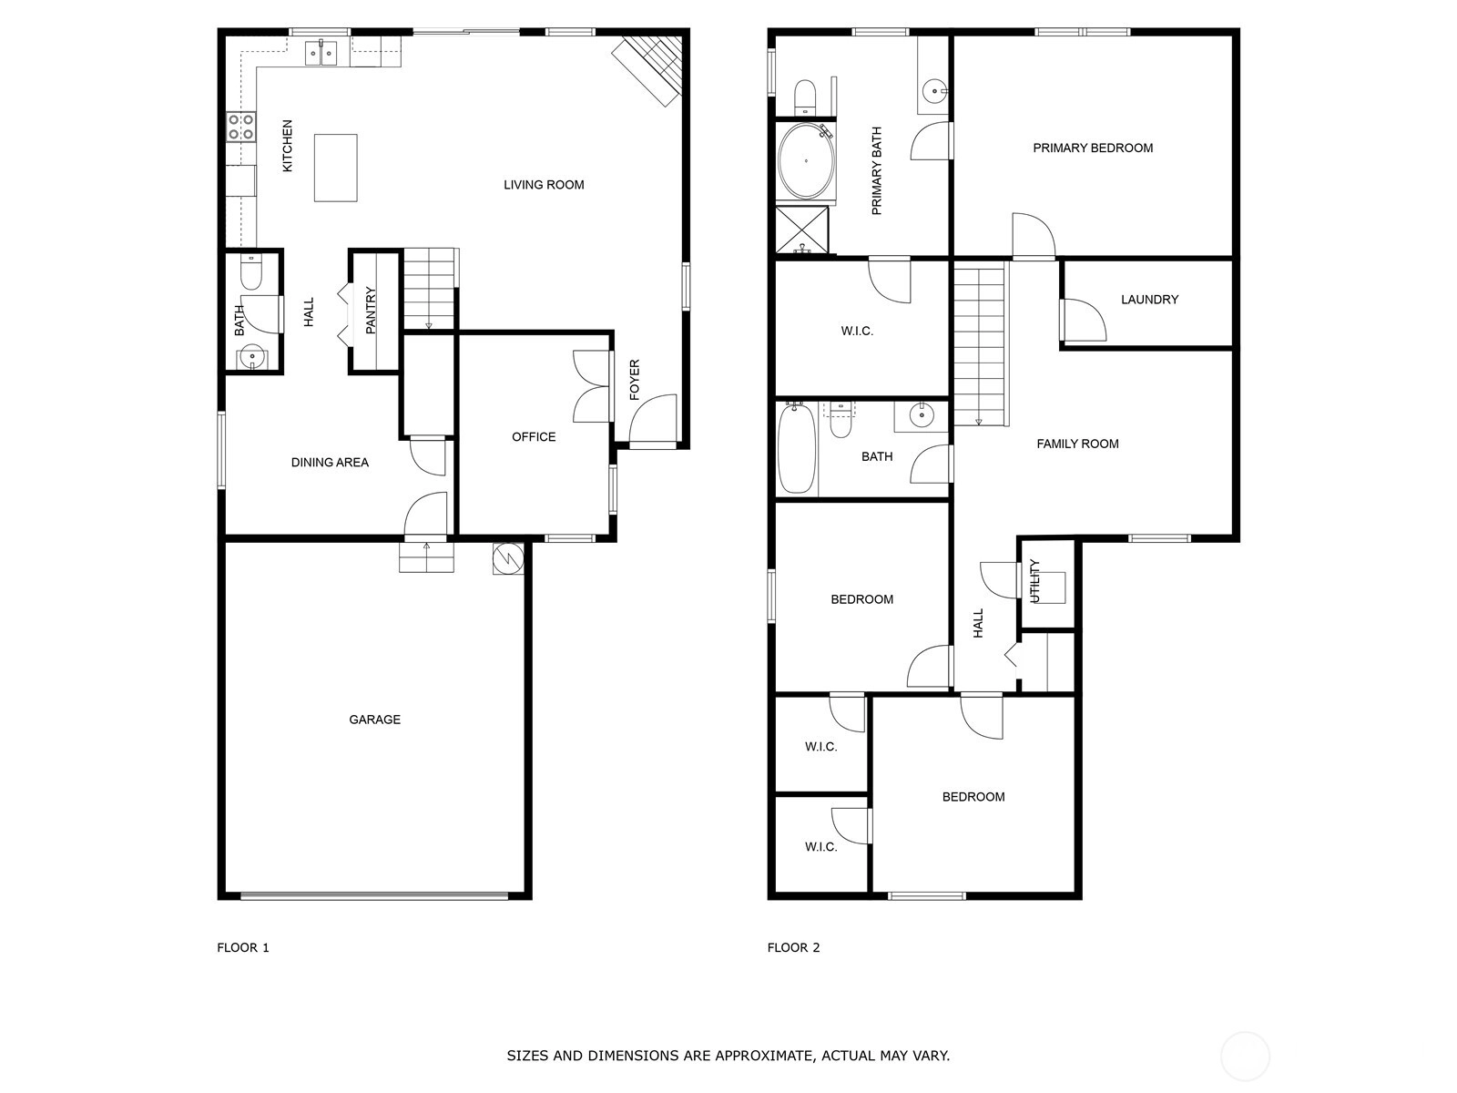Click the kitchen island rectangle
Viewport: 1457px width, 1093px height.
click(335, 168)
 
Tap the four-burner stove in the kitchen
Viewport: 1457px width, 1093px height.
click(241, 127)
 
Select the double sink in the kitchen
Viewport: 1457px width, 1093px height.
click(321, 53)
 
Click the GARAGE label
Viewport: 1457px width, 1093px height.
click(374, 720)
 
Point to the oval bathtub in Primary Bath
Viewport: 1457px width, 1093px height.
click(805, 160)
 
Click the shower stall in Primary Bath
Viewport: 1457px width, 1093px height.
click(802, 230)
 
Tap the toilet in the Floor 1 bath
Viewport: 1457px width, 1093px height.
click(251, 271)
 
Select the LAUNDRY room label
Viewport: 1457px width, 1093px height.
click(1150, 300)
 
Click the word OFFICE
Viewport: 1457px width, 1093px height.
click(534, 436)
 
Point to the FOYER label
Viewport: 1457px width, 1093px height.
click(635, 380)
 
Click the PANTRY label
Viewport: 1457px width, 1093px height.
click(371, 310)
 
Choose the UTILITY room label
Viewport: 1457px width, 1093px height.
click(1034, 581)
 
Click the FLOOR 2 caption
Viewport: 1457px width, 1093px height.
click(793, 947)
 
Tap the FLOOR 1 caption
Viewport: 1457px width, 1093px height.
click(243, 947)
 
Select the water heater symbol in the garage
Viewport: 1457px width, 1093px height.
click(508, 559)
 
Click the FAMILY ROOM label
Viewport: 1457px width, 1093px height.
click(1077, 444)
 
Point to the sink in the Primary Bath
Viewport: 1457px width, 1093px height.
click(935, 90)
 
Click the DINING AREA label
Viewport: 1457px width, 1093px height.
click(330, 463)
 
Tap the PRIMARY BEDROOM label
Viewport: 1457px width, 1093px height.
click(1093, 148)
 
